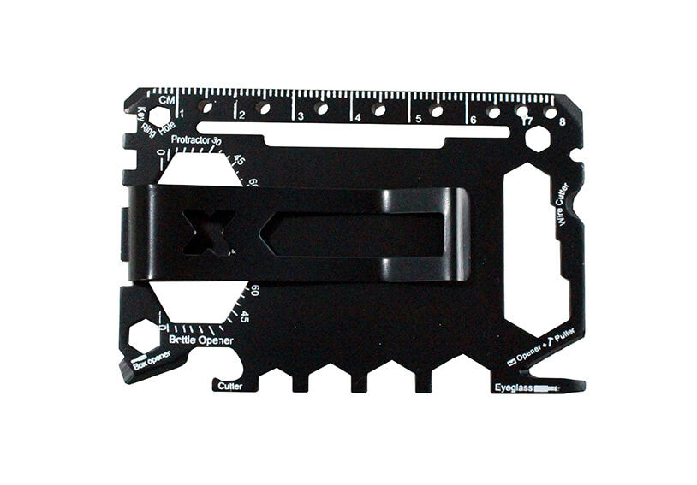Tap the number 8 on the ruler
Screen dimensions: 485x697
(x=563, y=121)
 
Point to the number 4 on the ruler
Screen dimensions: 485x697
(x=356, y=116)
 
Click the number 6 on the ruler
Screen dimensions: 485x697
(x=472, y=119)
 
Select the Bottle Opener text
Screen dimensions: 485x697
(x=200, y=340)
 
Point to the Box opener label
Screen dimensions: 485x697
(x=152, y=360)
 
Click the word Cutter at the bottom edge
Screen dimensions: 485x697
(x=229, y=387)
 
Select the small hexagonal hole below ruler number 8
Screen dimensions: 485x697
(x=537, y=139)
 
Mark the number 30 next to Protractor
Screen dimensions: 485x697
(x=217, y=142)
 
